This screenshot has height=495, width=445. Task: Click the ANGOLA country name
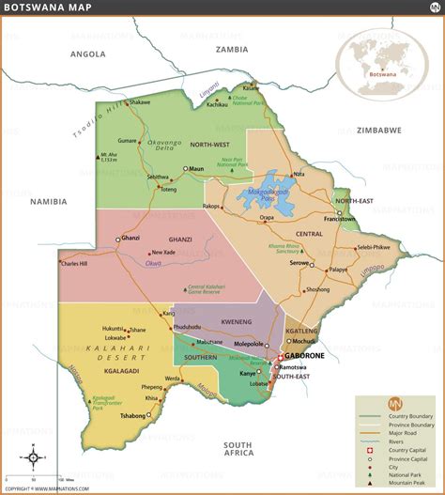(x=87, y=54)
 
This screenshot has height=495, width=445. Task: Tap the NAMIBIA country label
(x=48, y=201)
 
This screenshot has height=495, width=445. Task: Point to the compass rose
(x=33, y=458)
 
